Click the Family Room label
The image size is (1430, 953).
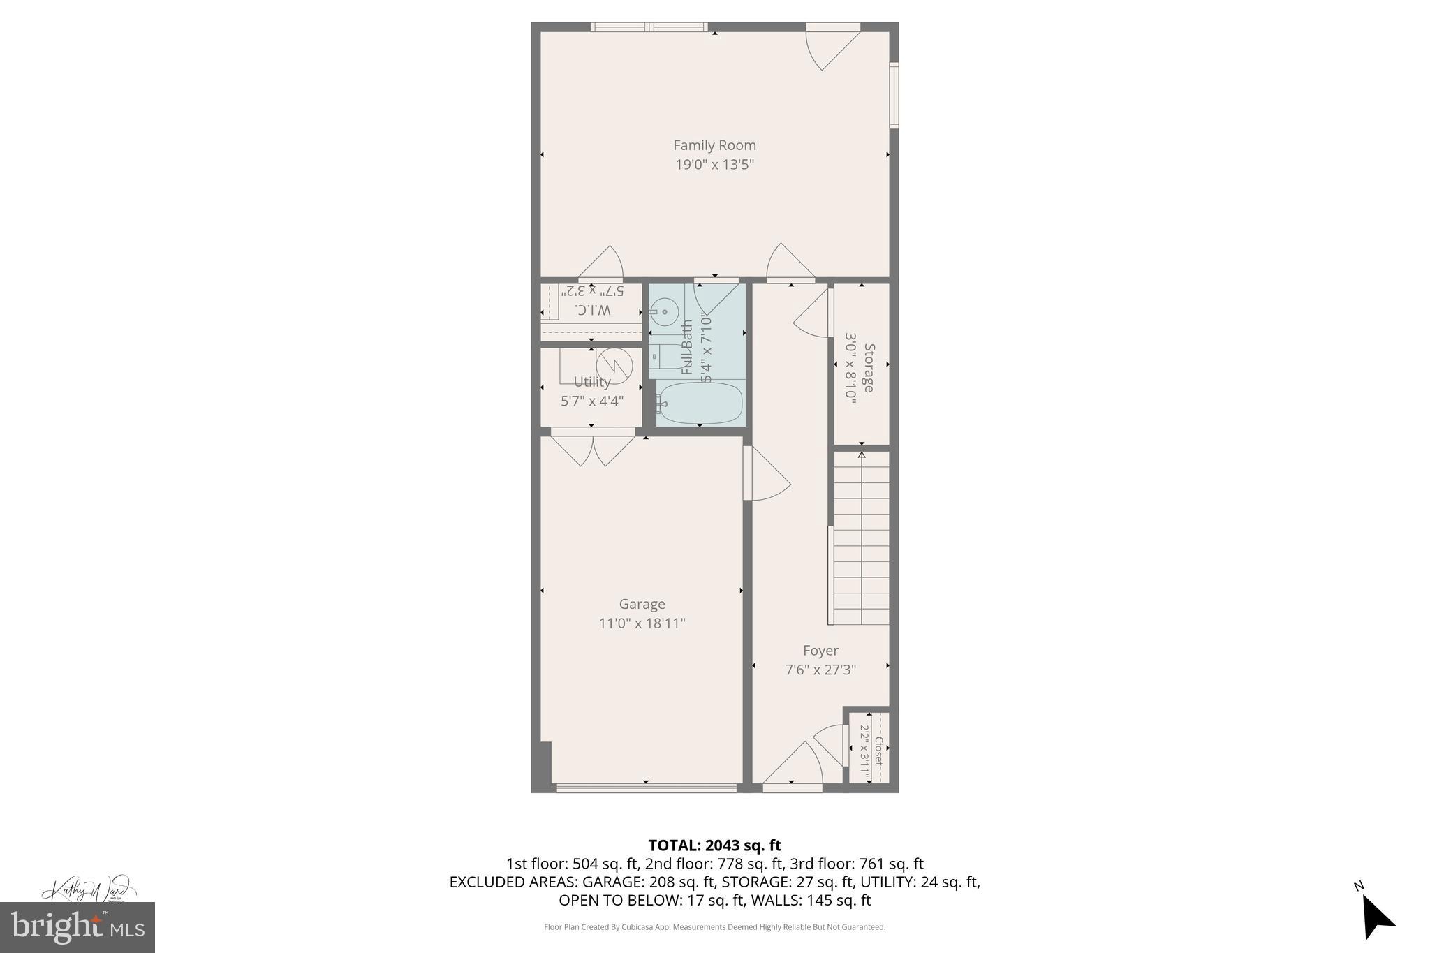[714, 145]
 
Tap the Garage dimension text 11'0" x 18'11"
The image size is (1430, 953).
[642, 623]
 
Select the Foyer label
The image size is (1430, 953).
[820, 651]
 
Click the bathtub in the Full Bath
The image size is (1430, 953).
[700, 403]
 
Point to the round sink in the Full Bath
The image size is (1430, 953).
[664, 312]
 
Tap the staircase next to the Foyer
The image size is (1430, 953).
[862, 538]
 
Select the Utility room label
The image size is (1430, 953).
[592, 382]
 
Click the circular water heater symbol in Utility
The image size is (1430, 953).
[614, 364]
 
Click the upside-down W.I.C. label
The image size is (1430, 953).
[592, 309]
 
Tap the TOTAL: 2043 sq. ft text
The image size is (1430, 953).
[714, 845]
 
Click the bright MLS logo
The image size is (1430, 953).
[77, 927]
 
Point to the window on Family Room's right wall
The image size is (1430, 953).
[894, 95]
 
